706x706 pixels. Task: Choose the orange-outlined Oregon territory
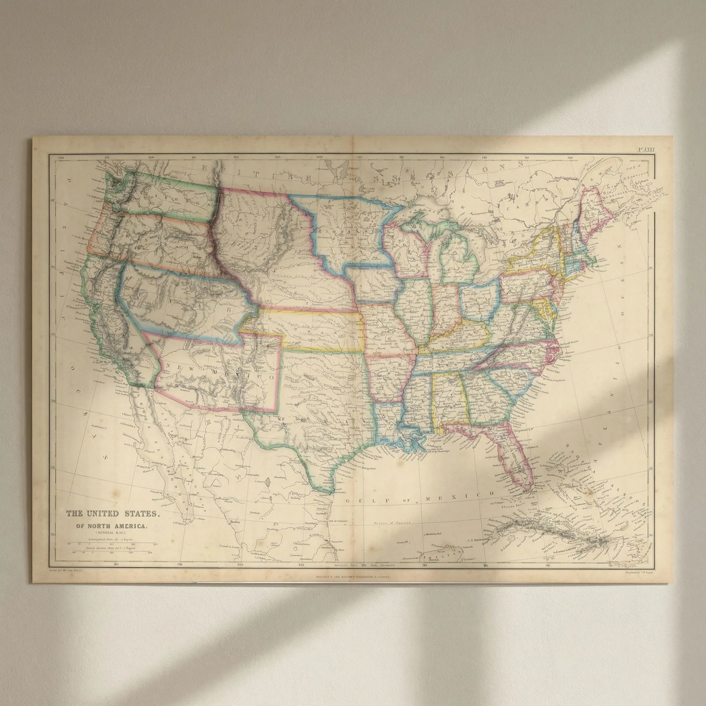146,238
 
